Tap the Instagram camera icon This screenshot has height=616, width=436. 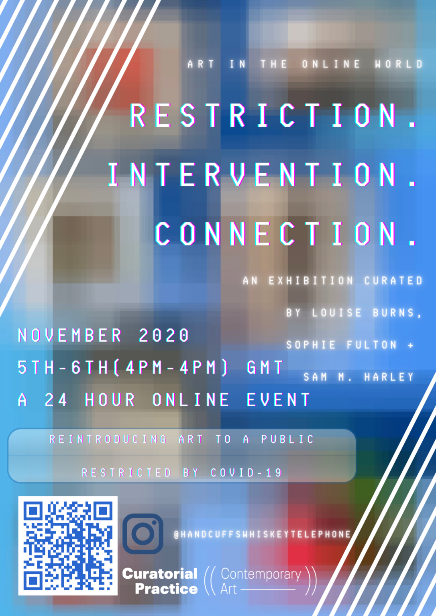click(x=143, y=534)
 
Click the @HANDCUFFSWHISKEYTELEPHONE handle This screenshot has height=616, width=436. click(x=263, y=534)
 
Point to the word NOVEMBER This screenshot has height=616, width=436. click(x=69, y=335)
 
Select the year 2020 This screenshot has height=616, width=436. click(x=164, y=335)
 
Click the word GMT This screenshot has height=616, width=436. click(x=265, y=367)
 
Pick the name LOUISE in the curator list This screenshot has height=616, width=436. click(x=336, y=313)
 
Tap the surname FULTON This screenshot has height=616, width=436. click(x=372, y=344)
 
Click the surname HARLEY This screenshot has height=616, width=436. click(x=389, y=377)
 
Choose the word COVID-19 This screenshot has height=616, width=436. click(x=246, y=473)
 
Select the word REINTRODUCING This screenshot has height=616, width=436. click(x=108, y=439)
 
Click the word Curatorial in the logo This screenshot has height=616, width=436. click(x=160, y=573)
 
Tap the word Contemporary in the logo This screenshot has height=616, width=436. click(x=261, y=574)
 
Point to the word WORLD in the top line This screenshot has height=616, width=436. click(x=399, y=64)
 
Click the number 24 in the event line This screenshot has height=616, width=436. click(x=56, y=399)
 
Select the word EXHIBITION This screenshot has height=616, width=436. click(x=311, y=280)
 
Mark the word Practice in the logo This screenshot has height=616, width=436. click(x=166, y=589)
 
